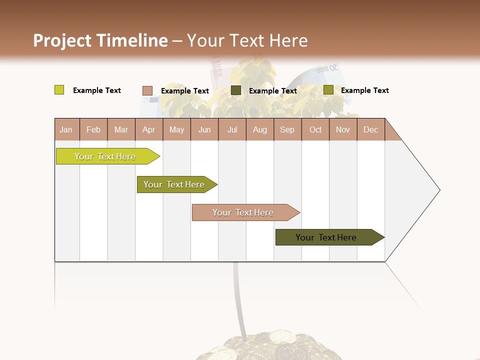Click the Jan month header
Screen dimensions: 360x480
[66, 129]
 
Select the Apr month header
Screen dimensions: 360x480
[148, 129]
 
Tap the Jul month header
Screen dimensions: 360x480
[232, 129]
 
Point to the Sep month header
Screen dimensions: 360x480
[287, 129]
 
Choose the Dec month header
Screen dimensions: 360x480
[370, 129]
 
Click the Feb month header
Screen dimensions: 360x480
[93, 129]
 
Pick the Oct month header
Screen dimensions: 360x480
[315, 129]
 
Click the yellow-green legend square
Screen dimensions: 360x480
[59, 90]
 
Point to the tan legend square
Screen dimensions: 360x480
[147, 90]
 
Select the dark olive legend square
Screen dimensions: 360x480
[236, 90]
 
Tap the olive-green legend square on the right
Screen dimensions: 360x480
[328, 90]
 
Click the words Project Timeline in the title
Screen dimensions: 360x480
[100, 40]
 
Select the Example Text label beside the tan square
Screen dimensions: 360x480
[185, 91]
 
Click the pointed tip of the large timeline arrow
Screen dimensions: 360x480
[438, 190]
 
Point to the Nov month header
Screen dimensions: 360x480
[343, 129]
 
